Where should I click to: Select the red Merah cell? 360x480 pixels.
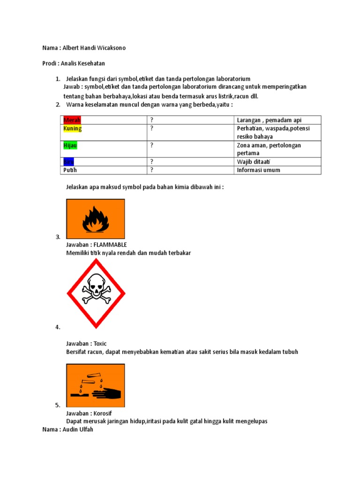(72, 120)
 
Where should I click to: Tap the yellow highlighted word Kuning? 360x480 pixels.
(73, 128)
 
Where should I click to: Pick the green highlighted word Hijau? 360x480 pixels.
(70, 145)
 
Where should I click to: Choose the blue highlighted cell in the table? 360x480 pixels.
(68, 162)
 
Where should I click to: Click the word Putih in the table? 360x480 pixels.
(70, 170)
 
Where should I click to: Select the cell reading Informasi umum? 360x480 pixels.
(258, 170)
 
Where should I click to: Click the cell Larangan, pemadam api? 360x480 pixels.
(269, 120)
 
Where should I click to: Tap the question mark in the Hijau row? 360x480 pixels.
(152, 145)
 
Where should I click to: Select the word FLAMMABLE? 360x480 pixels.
(110, 245)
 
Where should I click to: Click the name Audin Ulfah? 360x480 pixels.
(77, 429)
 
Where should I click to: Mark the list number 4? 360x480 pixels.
(58, 327)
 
